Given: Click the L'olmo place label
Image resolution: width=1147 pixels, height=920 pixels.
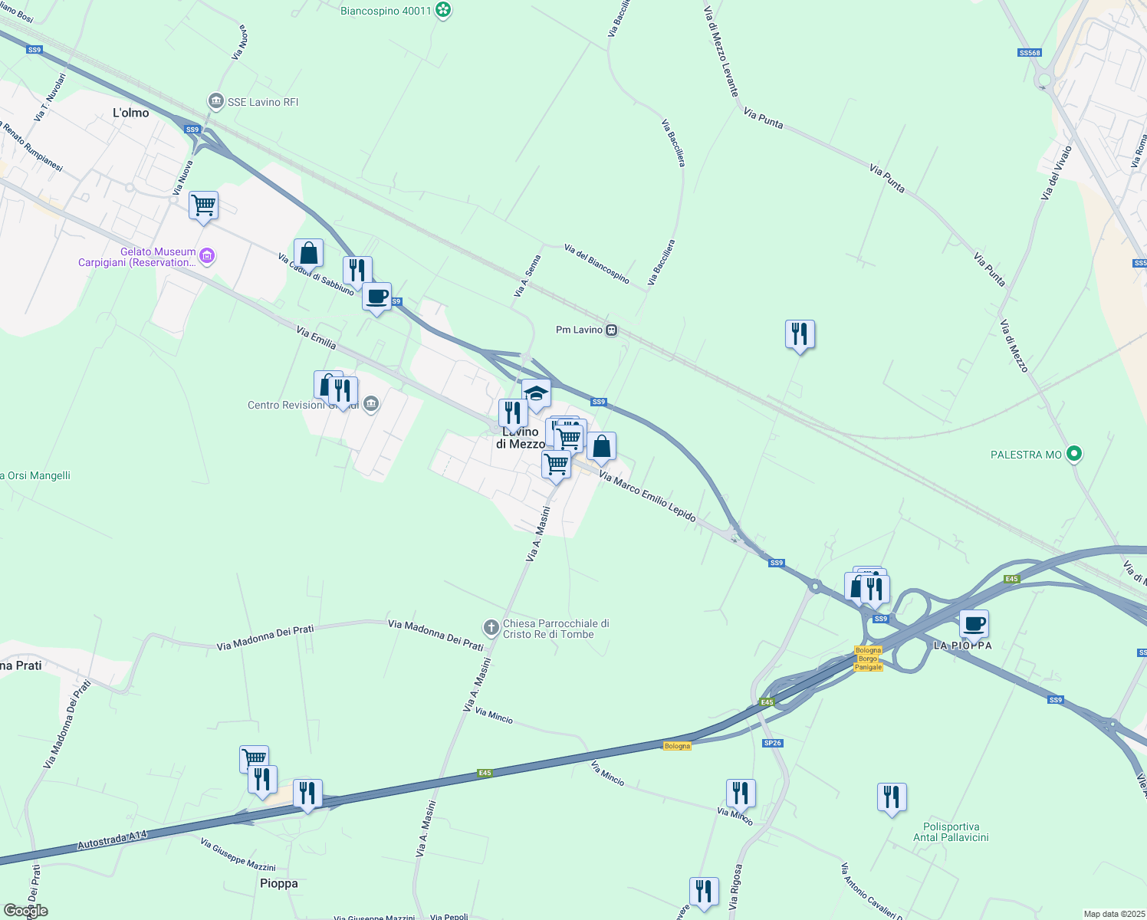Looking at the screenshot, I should [131, 113].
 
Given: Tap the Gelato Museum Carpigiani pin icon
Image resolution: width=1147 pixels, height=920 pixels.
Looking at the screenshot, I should [206, 255].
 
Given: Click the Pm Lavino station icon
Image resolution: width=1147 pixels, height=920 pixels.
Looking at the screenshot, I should [611, 330].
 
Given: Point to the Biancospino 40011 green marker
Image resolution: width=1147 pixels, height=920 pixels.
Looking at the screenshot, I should [442, 10].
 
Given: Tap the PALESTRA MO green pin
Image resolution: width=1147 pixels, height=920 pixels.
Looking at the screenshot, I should [1074, 454].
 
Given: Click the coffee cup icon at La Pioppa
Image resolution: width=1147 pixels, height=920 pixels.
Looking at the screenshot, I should [974, 623].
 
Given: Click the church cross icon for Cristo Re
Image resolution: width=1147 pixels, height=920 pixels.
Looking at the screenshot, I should [492, 628].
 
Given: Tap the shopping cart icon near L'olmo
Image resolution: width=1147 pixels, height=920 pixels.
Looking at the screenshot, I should [203, 205].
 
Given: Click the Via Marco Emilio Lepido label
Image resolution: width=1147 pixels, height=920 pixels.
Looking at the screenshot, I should [647, 498].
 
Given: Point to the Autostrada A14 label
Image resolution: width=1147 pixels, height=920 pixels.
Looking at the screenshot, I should [112, 840].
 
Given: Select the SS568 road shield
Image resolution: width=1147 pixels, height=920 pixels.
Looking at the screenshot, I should [1030, 53].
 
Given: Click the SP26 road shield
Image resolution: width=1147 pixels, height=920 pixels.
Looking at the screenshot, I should [772, 743].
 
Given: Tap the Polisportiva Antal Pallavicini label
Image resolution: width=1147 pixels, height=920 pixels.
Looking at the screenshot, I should [951, 832].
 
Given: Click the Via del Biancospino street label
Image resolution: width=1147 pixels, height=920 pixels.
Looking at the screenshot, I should [597, 264].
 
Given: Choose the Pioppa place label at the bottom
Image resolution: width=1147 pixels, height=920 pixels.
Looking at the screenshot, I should [278, 883].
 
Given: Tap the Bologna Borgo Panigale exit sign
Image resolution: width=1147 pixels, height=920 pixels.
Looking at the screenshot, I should [868, 659].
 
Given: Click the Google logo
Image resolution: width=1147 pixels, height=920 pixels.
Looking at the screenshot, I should [25, 911].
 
